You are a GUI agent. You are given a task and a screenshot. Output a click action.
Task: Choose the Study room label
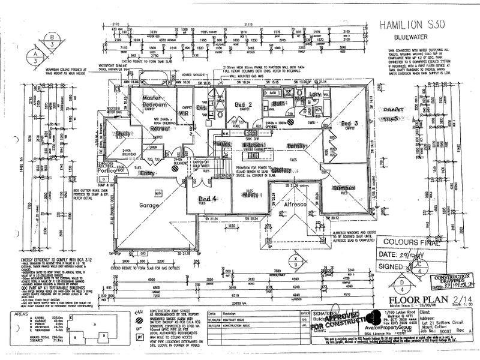point(124,133)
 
